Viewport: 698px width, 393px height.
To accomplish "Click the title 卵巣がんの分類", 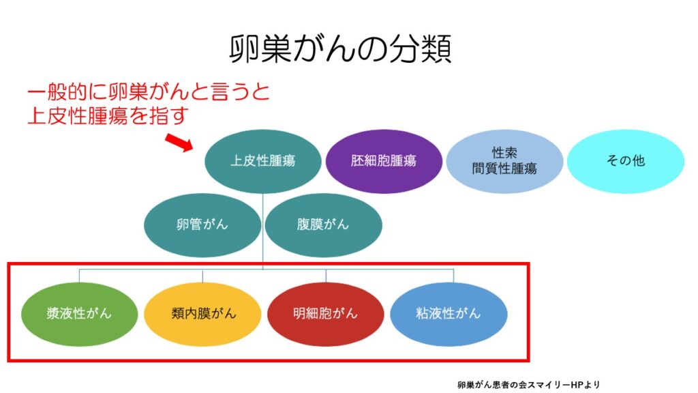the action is point(341,48).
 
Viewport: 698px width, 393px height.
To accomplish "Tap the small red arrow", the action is point(179,143).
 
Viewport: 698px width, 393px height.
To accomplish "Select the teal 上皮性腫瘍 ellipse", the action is point(262,161).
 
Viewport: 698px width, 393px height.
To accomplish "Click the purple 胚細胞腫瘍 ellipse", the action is point(384,161).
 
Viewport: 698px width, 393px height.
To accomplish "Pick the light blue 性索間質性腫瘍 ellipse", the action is point(504,161).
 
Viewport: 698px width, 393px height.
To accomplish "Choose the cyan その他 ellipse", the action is point(626,161).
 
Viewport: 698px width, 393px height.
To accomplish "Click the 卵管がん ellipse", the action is point(202,225).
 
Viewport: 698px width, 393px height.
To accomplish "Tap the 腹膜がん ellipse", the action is point(323,225).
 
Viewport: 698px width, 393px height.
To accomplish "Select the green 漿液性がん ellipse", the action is point(79,314).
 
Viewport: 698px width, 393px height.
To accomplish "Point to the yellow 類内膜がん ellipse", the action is point(202,314).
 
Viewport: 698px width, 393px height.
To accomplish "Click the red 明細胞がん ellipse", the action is point(325,314).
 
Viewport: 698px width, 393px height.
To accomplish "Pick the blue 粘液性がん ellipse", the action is point(449,314).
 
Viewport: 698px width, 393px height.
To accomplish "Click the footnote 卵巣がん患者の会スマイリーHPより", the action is point(528,385).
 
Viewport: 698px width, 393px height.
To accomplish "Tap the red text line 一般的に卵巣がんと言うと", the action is point(148,92).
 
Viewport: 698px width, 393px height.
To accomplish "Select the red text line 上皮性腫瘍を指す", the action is point(108,115).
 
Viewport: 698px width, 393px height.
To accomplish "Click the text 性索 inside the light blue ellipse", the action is point(504,153).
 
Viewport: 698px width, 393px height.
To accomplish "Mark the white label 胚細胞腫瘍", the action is point(384,161).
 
